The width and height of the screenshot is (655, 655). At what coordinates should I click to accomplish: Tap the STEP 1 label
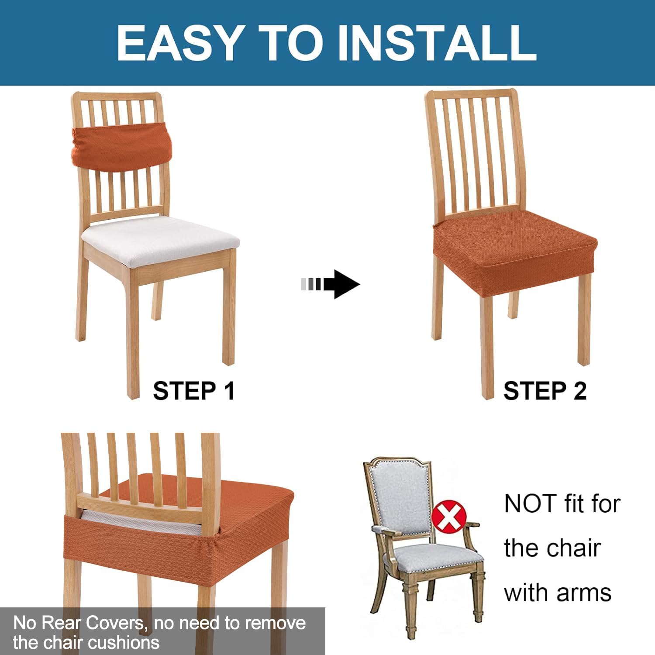(x=194, y=391)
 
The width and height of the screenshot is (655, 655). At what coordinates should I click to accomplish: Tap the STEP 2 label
(x=545, y=391)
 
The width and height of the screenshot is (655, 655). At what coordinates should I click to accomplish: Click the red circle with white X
(x=449, y=517)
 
